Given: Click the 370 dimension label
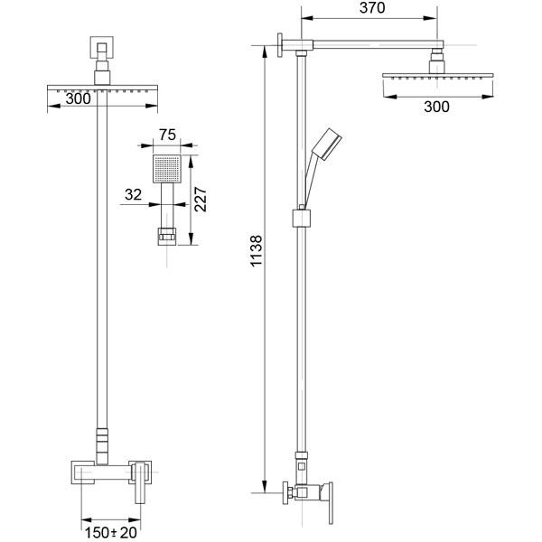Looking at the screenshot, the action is [x=372, y=8].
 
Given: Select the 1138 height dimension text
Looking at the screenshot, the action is [x=257, y=251].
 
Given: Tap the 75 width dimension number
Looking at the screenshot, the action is [x=167, y=135].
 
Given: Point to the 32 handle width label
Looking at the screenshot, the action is [x=133, y=194].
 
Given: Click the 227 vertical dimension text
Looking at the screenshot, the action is [x=201, y=200].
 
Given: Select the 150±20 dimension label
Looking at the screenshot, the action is [x=111, y=533].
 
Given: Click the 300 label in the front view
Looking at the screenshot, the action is [x=78, y=98].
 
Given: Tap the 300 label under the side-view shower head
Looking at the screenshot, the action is [x=436, y=107].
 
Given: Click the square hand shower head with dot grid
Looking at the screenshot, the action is [x=167, y=169].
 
